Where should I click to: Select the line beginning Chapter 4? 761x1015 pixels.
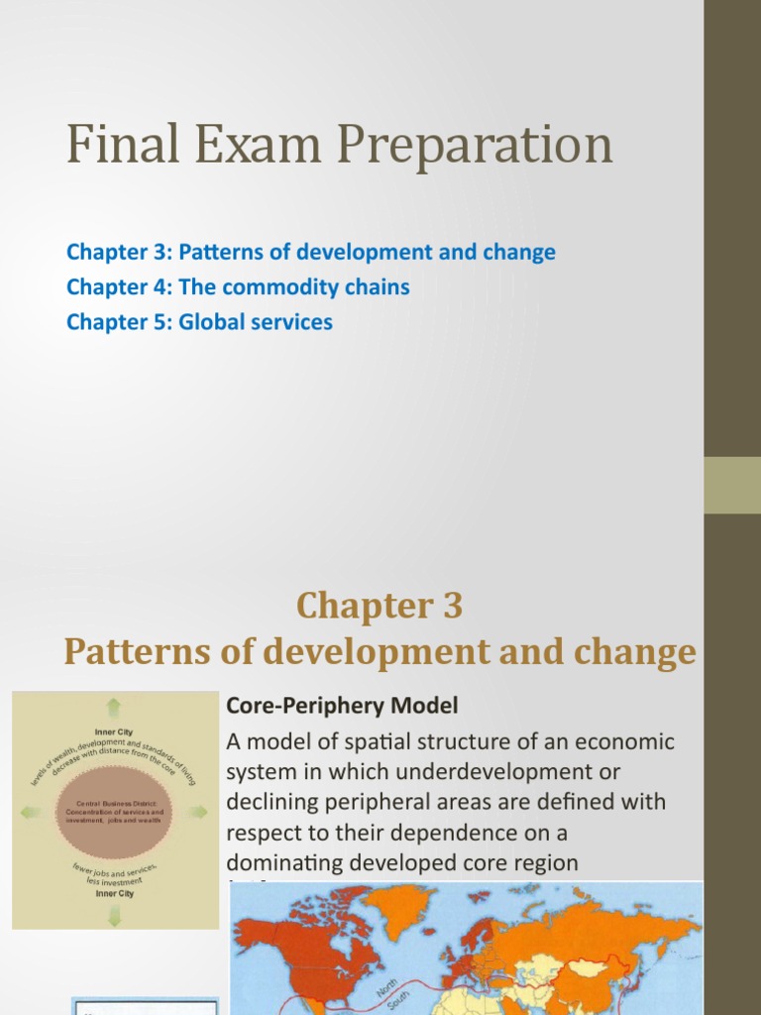coord(238,287)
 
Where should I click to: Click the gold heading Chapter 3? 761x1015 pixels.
coord(380,605)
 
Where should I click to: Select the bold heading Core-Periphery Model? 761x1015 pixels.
coord(343,706)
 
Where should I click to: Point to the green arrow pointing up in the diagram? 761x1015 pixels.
coord(114,707)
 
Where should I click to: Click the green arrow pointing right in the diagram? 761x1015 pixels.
coord(198,812)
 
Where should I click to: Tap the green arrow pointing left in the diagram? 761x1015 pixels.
coord(31,813)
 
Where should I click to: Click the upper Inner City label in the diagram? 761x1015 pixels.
coord(114,732)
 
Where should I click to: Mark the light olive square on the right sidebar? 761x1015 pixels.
coord(732,485)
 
